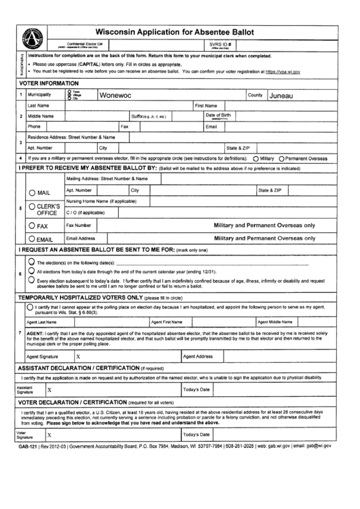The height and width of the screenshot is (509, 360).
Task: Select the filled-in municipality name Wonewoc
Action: point(115,96)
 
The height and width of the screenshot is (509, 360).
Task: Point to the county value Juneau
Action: point(281,96)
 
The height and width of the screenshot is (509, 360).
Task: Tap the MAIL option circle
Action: point(31,192)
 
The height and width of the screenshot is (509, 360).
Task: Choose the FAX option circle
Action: point(31,225)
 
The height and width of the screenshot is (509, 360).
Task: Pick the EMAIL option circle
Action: point(31,239)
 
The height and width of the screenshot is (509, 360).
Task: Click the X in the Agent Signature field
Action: point(78,355)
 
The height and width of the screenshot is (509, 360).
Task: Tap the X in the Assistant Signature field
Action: point(50,390)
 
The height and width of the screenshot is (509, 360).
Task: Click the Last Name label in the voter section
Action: point(37,106)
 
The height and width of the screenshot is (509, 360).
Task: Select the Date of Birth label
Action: point(217,116)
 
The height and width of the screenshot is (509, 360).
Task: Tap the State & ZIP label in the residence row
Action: point(238,147)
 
